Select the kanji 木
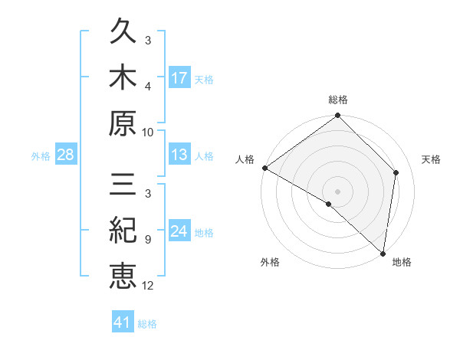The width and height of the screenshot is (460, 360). tap(123, 77)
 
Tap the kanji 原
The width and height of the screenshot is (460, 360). tap(123, 122)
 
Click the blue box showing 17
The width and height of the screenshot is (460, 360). tap(179, 77)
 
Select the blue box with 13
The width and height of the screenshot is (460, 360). tap(179, 155)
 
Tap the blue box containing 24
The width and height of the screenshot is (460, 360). tap(179, 231)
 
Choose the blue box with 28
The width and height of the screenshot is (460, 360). tap(66, 155)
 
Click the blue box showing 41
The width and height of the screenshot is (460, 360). tap(123, 322)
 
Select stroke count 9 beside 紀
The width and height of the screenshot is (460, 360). tap(148, 240)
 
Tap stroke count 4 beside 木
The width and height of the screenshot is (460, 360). tap(148, 86)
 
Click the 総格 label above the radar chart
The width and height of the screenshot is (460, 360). tap(338, 100)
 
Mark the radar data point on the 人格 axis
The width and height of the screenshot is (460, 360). tap(264, 168)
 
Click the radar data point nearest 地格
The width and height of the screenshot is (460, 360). tap(383, 252)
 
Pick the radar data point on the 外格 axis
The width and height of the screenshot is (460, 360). tap(329, 204)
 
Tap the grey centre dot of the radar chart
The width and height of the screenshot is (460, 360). tap(338, 191)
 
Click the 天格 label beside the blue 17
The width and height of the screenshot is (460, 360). tap(203, 79)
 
